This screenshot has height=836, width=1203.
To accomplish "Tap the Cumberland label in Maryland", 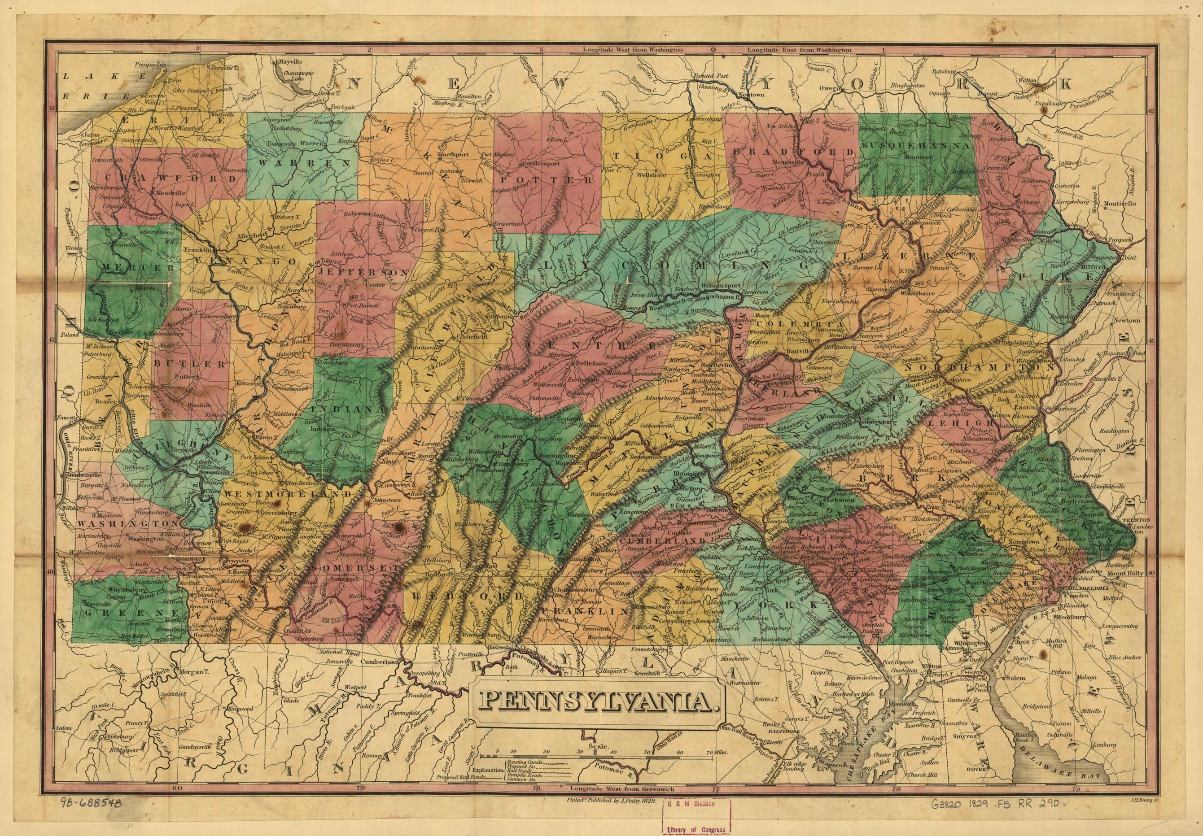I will pos(378,662).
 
